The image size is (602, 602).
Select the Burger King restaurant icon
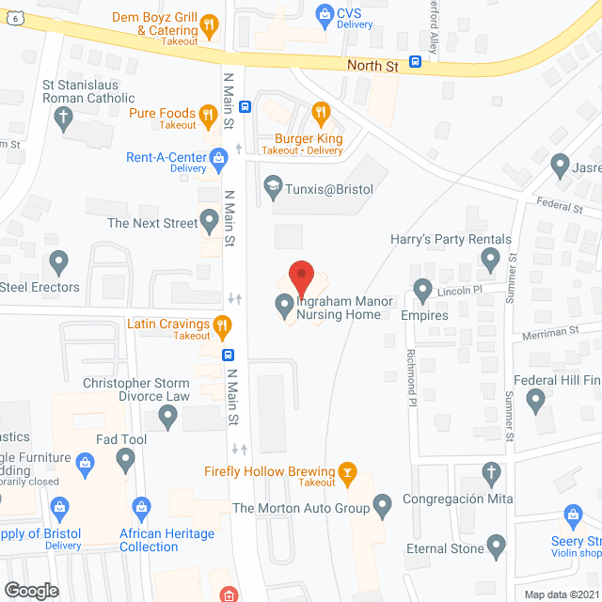pyautogui.click(x=321, y=114)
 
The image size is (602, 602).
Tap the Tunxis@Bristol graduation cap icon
pyautogui.click(x=274, y=185)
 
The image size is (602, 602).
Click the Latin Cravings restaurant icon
pyautogui.click(x=223, y=326)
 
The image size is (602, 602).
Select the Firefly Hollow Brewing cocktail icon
pyautogui.click(x=348, y=471)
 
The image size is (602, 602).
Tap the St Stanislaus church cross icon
pyautogui.click(x=63, y=118)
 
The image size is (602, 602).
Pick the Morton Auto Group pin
pyautogui.click(x=382, y=509)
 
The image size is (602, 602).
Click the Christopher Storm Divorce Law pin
pyautogui.click(x=167, y=419)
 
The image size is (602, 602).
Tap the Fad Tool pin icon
pyautogui.click(x=126, y=460)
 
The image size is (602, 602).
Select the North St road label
pyautogui.click(x=372, y=66)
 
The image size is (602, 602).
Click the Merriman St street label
pyautogui.click(x=550, y=331)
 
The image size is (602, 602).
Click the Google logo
pyautogui.click(x=31, y=590)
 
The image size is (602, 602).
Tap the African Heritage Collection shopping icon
pyautogui.click(x=142, y=509)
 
